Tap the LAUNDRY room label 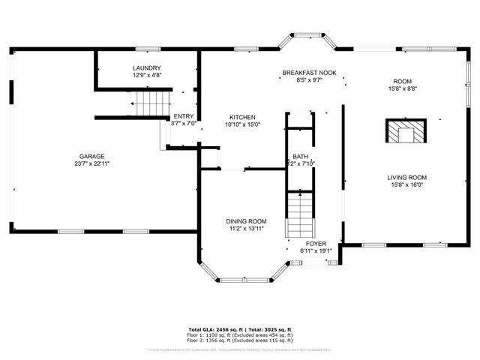146,68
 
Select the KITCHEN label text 242,118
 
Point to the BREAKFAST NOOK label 309,73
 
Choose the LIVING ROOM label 406,178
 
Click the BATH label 300,157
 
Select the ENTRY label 184,116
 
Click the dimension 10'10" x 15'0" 242,124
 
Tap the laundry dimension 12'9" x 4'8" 146,75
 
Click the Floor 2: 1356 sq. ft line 240,340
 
